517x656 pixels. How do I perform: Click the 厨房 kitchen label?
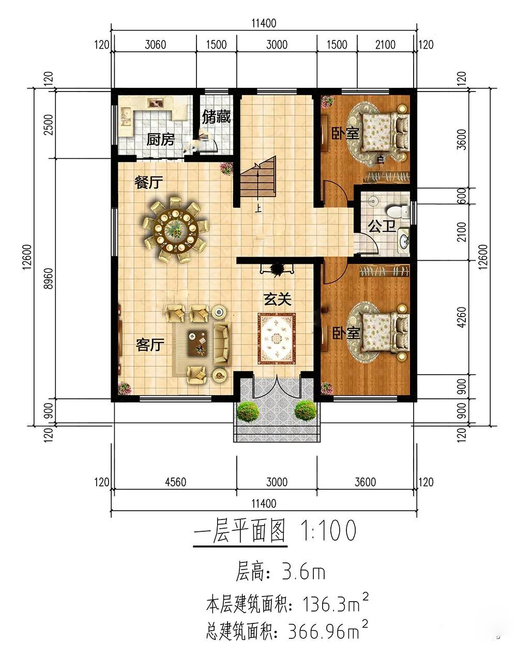pyautogui.click(x=161, y=140)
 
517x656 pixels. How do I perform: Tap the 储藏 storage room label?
pyautogui.click(x=216, y=117)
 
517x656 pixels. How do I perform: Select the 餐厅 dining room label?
pyautogui.click(x=149, y=182)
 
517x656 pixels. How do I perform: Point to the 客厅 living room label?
pyautogui.click(x=150, y=345)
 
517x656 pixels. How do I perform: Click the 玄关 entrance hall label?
pyautogui.click(x=278, y=300)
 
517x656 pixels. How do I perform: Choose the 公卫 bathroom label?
pyautogui.click(x=382, y=226)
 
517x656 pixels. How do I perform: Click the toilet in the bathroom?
pyautogui.click(x=398, y=211)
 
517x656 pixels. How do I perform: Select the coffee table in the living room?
pyautogui.click(x=197, y=343)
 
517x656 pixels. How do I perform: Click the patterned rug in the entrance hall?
pyautogui.click(x=277, y=338)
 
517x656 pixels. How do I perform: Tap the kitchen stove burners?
pyautogui.click(x=156, y=103)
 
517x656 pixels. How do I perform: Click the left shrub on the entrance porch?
pyautogui.click(x=248, y=411)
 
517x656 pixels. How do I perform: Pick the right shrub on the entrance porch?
pyautogui.click(x=306, y=411)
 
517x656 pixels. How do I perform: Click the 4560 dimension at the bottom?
pyautogui.click(x=175, y=482)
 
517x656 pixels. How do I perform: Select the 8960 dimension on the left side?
pyautogui.click(x=49, y=279)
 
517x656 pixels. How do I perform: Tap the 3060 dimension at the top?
pyautogui.click(x=156, y=45)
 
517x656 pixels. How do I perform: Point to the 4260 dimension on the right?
pyautogui.click(x=462, y=317)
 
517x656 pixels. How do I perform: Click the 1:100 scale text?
pyautogui.click(x=328, y=530)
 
